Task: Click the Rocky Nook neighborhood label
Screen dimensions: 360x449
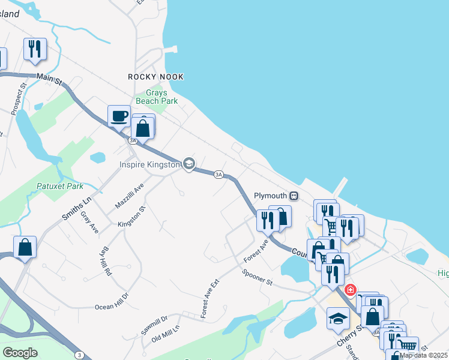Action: coord(155,77)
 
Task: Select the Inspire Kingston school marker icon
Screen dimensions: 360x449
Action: coord(189,164)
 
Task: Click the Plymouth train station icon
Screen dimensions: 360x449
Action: coord(294,196)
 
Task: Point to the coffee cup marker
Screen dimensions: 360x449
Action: coord(119,115)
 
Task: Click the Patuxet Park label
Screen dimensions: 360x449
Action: coord(59,186)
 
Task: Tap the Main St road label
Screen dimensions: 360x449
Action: coord(49,77)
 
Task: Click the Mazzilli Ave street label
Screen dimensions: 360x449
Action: coord(130,196)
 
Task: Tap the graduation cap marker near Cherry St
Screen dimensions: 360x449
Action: coord(339,319)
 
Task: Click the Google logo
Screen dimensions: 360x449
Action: coord(20,353)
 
